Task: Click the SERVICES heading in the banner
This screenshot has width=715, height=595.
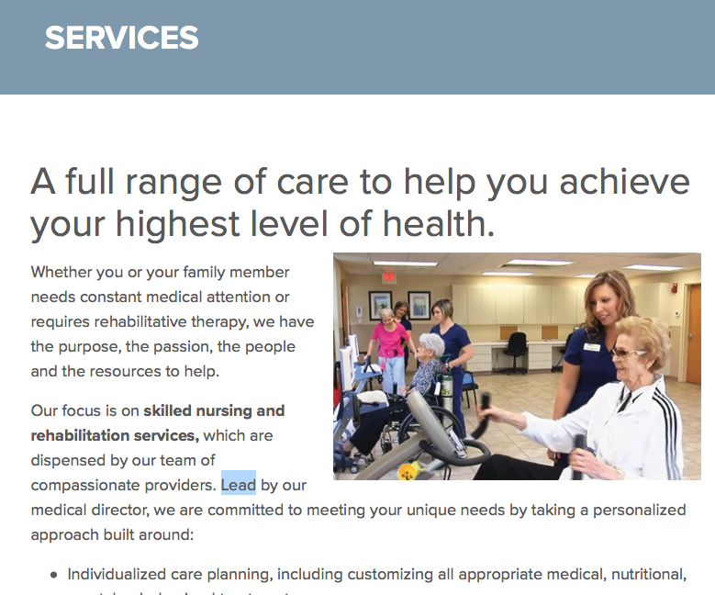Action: click(x=122, y=38)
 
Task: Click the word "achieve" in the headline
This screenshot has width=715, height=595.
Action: click(x=624, y=181)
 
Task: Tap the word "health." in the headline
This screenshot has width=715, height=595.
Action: click(x=438, y=223)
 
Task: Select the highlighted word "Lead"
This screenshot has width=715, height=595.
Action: click(x=238, y=485)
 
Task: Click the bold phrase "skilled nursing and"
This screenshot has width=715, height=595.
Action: click(x=215, y=410)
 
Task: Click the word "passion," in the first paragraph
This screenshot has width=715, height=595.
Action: click(x=183, y=347)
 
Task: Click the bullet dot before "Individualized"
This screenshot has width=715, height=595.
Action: click(x=54, y=575)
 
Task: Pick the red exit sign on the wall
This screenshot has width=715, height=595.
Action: click(x=388, y=276)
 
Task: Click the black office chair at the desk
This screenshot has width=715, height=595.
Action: click(x=515, y=352)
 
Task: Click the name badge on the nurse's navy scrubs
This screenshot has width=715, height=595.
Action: click(x=592, y=347)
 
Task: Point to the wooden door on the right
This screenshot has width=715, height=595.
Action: click(x=694, y=334)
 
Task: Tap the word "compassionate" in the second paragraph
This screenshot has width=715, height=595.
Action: click(x=85, y=485)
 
